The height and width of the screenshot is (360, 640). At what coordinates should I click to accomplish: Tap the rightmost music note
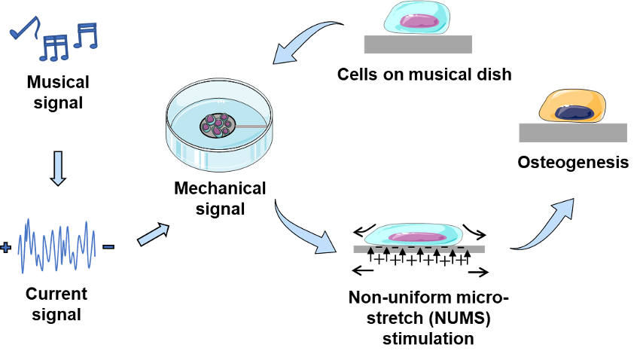(x=86, y=35)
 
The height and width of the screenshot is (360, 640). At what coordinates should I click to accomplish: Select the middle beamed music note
(x=54, y=48)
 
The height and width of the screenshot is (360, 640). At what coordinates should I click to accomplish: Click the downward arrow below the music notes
(x=58, y=168)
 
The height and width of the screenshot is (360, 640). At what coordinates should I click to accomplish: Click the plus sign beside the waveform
(x=6, y=247)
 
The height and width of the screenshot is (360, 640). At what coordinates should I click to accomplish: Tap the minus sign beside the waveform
(x=108, y=247)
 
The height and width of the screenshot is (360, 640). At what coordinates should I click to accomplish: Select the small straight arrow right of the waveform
(x=153, y=235)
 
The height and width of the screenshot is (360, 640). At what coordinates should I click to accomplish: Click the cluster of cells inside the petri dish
(x=217, y=125)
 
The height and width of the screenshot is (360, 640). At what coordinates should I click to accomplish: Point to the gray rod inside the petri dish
(x=251, y=126)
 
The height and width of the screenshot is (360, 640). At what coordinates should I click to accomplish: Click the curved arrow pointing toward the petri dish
(x=301, y=41)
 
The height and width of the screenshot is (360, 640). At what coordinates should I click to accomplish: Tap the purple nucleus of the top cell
(x=419, y=21)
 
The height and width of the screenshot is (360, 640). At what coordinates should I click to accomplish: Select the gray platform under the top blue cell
(x=418, y=44)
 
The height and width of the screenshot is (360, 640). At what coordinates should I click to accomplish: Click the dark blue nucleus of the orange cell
(x=574, y=113)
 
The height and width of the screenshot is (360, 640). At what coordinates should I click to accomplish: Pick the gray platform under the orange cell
(x=573, y=133)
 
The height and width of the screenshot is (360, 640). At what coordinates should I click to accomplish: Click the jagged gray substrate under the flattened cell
(x=419, y=249)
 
